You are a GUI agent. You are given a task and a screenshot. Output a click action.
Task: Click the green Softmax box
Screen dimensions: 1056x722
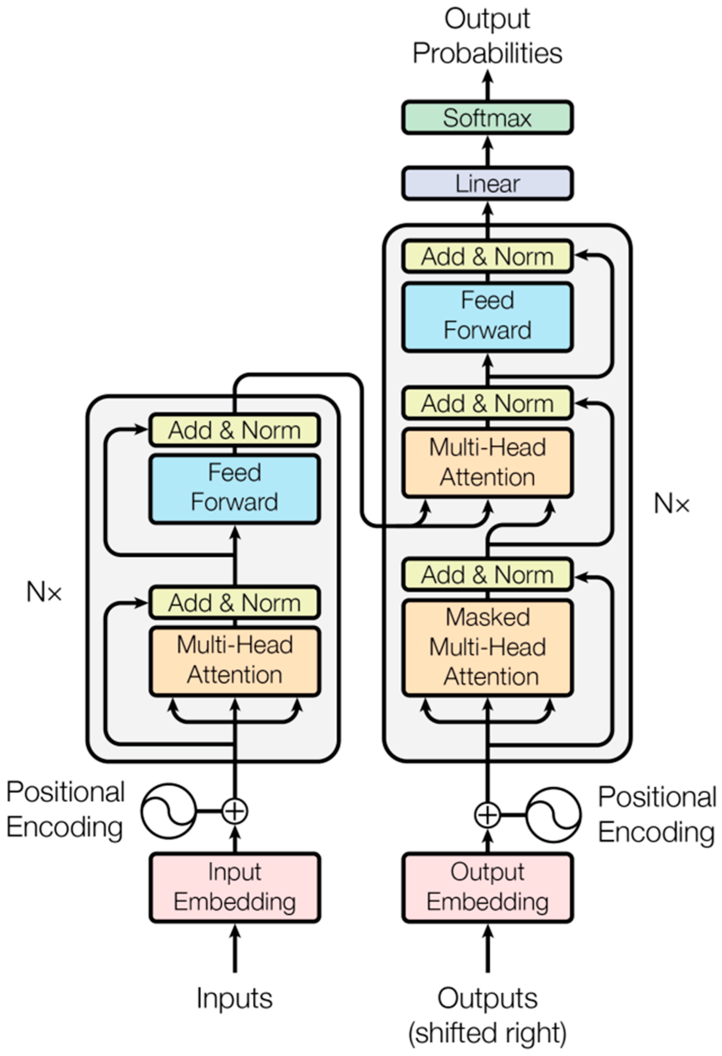487,118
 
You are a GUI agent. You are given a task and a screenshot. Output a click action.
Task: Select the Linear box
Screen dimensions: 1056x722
487,184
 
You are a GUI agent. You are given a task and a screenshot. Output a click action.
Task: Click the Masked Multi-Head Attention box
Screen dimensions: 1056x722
487,647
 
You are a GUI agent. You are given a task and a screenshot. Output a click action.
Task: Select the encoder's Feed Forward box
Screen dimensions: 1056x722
235,488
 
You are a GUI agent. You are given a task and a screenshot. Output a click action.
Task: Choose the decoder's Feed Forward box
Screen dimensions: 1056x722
487,316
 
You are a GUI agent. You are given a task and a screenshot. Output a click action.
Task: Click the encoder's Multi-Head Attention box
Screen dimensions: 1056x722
235,660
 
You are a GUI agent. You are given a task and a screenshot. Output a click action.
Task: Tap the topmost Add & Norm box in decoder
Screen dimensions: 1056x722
487,257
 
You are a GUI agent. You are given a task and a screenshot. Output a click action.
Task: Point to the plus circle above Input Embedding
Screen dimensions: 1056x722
235,810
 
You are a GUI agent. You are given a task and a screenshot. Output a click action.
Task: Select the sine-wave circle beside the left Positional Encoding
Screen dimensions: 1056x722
168,810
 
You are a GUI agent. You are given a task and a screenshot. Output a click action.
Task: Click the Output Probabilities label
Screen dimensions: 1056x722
487,36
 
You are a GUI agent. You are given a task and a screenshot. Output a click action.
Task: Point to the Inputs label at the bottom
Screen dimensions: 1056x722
235,998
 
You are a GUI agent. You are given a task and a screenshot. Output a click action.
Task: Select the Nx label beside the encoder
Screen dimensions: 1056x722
44,592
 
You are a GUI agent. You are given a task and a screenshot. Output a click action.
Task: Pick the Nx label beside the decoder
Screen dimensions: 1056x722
671,504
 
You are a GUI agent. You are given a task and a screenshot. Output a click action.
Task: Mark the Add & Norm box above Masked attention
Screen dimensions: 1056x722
487,575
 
